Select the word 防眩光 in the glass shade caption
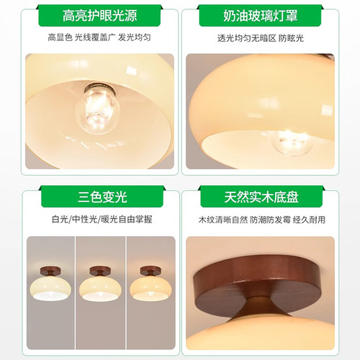point(311,37)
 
